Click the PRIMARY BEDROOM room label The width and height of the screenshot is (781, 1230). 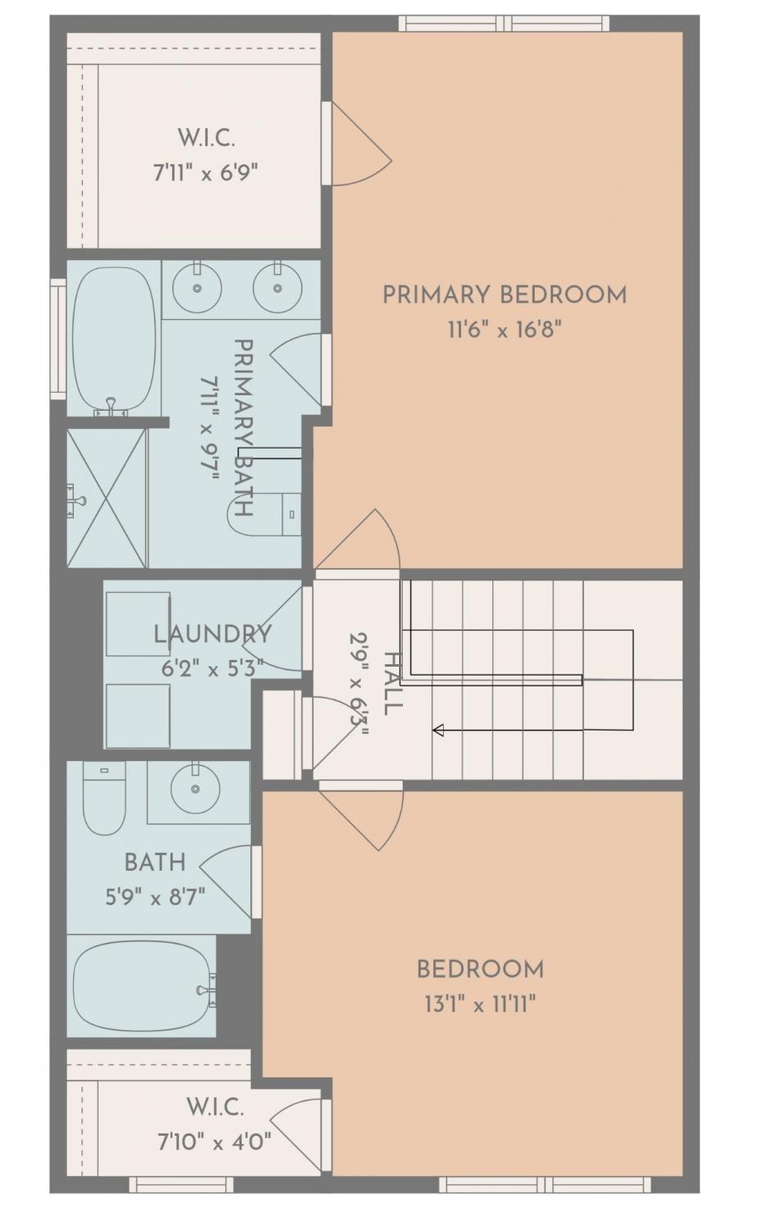[505, 295]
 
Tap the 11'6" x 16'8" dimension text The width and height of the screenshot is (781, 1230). [505, 330]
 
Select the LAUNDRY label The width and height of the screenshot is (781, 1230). [212, 635]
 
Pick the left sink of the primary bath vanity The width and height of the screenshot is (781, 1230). [197, 287]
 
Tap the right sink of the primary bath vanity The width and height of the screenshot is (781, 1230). [277, 287]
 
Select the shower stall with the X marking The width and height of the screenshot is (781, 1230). [107, 498]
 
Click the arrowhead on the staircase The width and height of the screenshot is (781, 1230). [438, 731]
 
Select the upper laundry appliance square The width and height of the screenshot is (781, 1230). [138, 624]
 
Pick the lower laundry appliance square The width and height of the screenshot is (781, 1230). [138, 716]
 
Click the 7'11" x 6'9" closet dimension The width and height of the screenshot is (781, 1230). [206, 173]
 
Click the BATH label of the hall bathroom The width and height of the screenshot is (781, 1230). [155, 863]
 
